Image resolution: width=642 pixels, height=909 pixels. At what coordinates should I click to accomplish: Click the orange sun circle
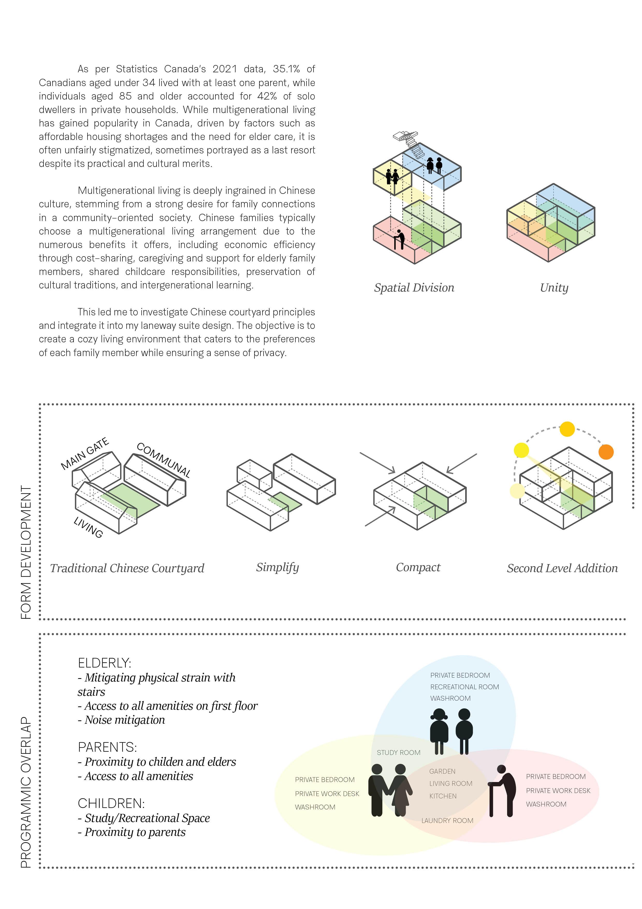point(605,452)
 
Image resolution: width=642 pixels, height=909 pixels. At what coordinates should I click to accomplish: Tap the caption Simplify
point(277,567)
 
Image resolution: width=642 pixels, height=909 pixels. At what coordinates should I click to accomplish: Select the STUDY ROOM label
point(398,752)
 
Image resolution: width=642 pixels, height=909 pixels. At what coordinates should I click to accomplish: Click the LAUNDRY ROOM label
point(447,821)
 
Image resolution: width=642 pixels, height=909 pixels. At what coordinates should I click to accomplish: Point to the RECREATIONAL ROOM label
point(464,687)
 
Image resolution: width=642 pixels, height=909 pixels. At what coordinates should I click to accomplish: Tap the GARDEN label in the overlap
point(442,771)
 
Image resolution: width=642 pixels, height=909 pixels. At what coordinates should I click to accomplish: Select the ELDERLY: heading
point(104,663)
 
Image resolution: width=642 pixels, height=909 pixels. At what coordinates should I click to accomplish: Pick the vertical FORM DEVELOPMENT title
point(26,552)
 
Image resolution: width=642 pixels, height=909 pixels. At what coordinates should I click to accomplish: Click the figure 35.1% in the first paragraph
point(286,69)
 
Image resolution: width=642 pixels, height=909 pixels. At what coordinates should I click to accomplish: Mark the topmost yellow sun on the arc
point(567,429)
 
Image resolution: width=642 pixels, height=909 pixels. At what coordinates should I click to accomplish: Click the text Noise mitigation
point(124,720)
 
